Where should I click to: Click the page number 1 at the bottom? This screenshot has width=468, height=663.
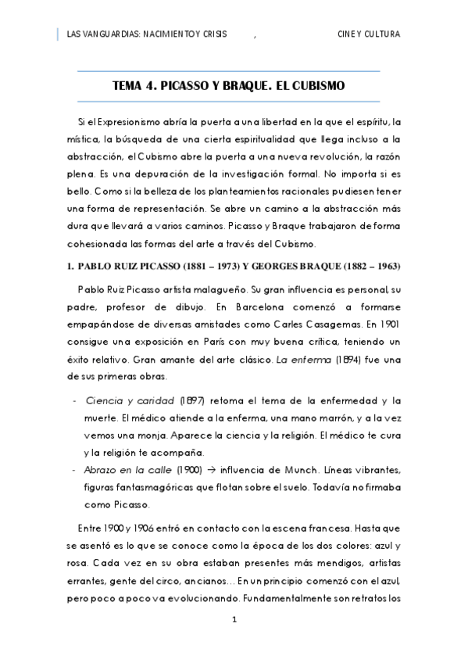coord(234,620)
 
